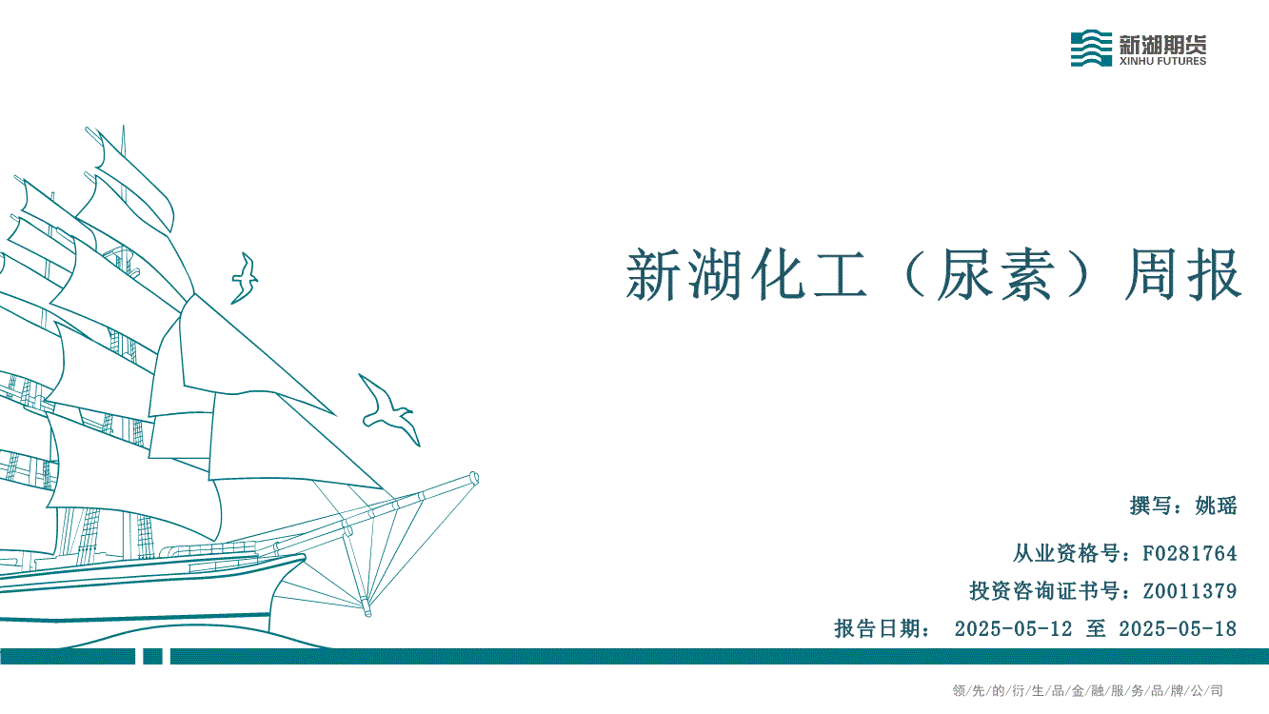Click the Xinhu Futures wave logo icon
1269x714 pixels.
coord(1091,49)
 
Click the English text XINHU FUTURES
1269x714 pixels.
coord(1162,61)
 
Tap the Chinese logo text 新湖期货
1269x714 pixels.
coord(1162,44)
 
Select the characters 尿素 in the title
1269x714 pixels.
coord(996,275)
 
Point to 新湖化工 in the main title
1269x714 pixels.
coord(746,275)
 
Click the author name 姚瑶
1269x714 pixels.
coord(1216,506)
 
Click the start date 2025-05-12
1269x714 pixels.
coord(1013,628)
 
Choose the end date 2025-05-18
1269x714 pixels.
coord(1178,628)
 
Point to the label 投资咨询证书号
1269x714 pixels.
coord(1043,591)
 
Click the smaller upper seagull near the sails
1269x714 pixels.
coord(245,278)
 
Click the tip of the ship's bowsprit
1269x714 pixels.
coord(475,477)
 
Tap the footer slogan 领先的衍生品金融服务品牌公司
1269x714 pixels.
coord(1087,691)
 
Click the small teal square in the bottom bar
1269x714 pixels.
coord(152,656)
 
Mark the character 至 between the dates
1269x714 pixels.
coord(1096,628)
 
